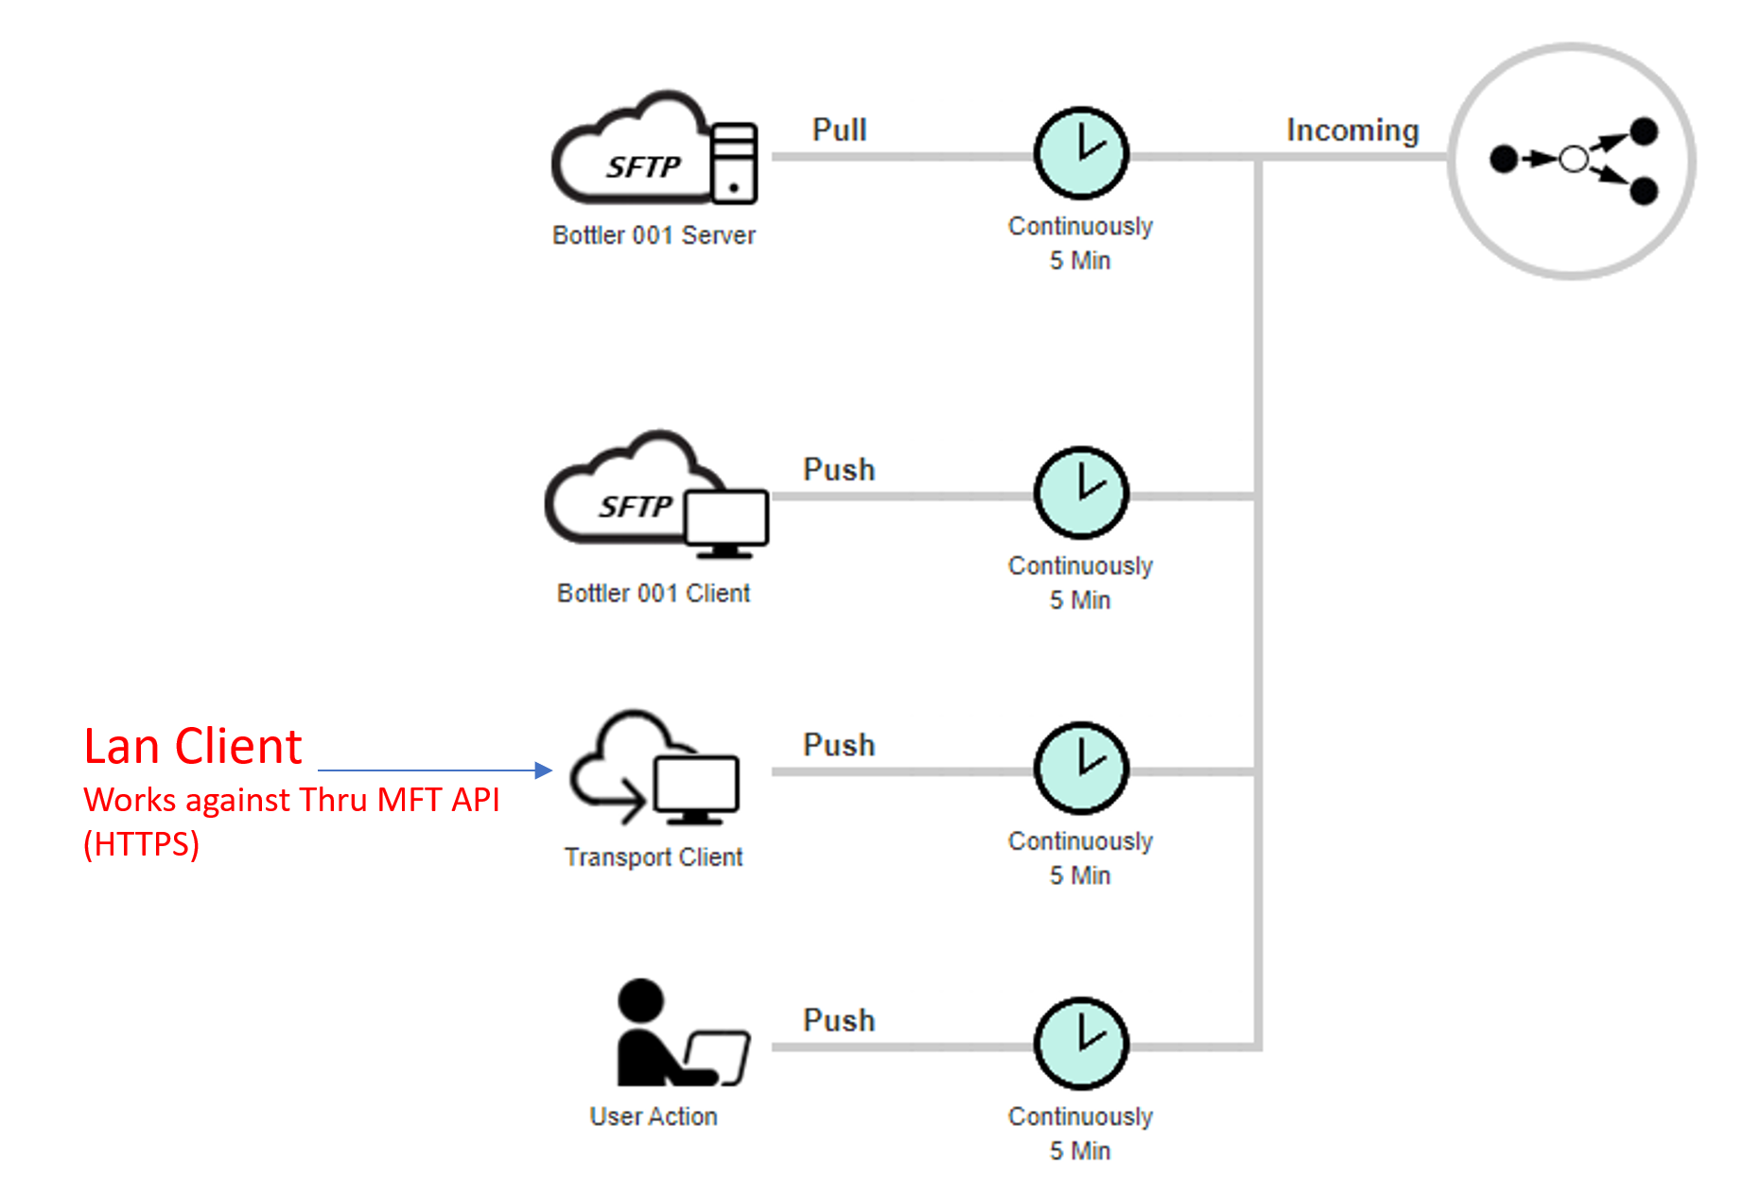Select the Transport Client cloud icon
[x=654, y=767]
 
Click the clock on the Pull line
[x=1081, y=154]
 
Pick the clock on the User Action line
[x=1081, y=1044]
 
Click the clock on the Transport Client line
[x=1081, y=769]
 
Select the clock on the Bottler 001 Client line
[x=1081, y=493]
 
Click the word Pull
[x=839, y=130]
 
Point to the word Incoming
[x=1352, y=130]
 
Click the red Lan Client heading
[x=193, y=747]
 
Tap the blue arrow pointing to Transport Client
[x=435, y=770]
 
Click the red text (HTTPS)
[x=142, y=843]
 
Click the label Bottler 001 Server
[x=654, y=235]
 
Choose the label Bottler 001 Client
[x=654, y=593]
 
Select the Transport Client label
[x=654, y=857]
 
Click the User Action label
[x=654, y=1116]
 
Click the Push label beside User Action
[x=839, y=1020]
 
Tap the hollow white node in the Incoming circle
[x=1574, y=159]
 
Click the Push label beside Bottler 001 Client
[x=839, y=470]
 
